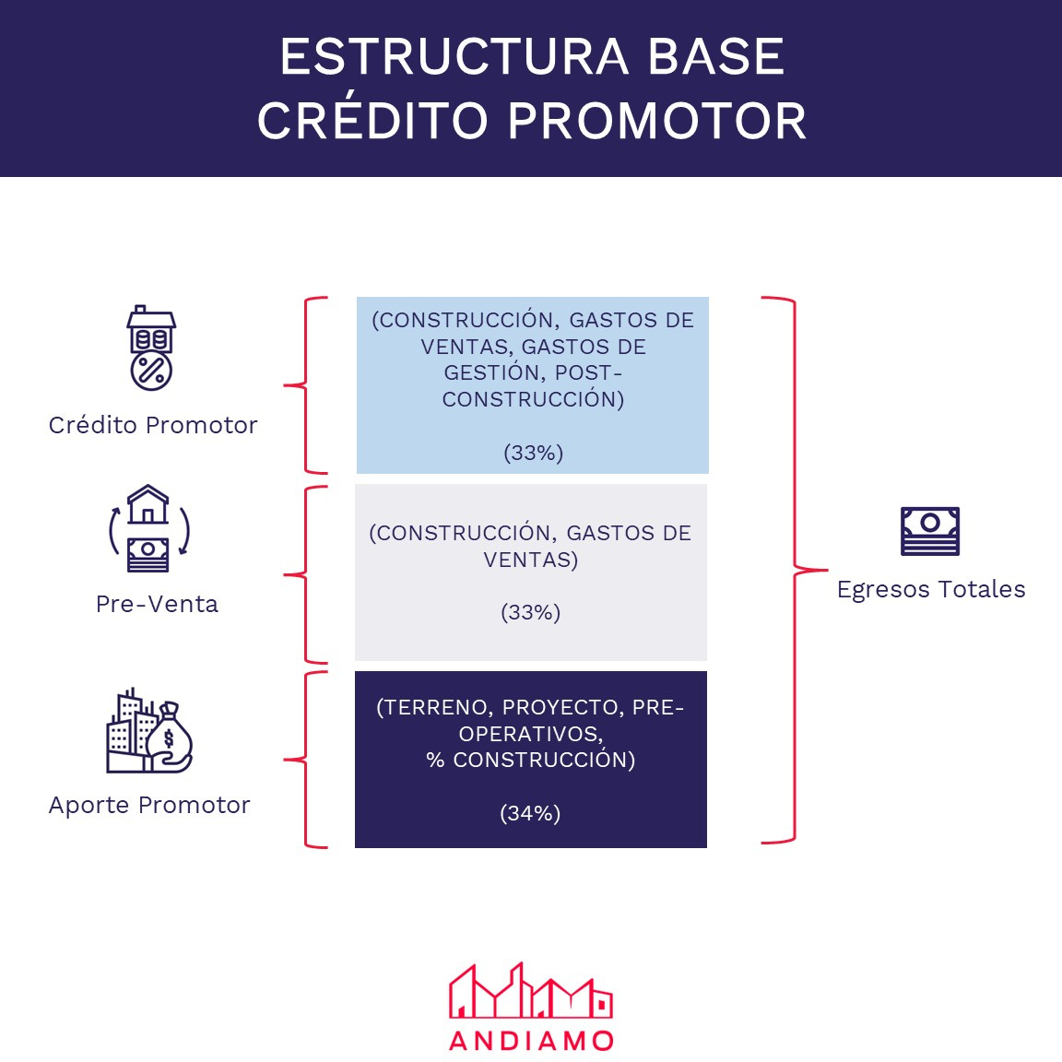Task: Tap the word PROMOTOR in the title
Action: [656, 121]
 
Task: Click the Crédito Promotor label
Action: [153, 425]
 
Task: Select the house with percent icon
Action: [151, 348]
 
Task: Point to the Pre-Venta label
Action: [157, 604]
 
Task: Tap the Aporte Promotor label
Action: [149, 805]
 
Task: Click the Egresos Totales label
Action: [931, 589]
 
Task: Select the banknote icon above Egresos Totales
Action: [930, 531]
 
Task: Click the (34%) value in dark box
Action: [530, 813]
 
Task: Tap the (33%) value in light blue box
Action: [533, 453]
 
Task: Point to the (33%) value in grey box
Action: [530, 612]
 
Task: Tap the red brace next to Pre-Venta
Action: [307, 574]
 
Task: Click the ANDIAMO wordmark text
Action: [531, 1041]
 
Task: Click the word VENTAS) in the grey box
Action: [530, 560]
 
